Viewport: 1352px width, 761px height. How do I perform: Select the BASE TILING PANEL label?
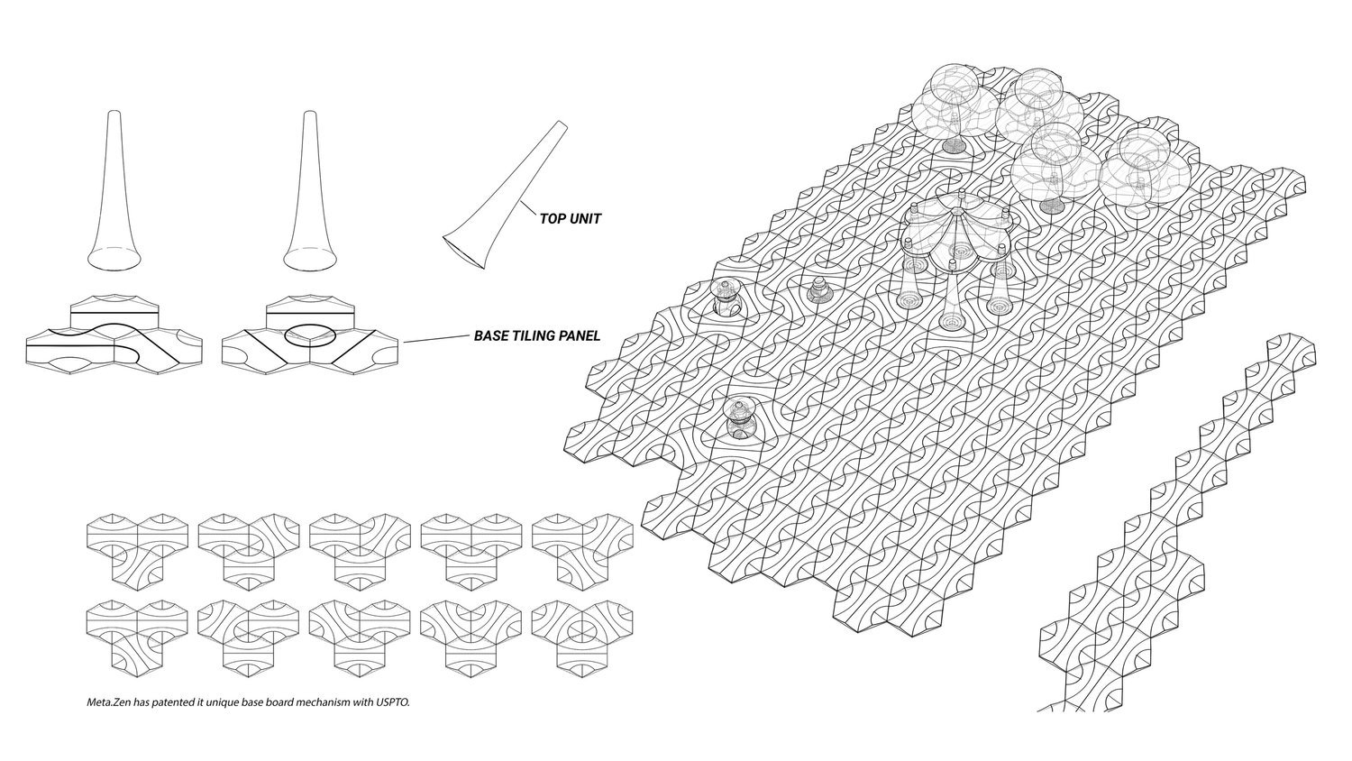[537, 336]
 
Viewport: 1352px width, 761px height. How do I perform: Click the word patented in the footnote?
[170, 701]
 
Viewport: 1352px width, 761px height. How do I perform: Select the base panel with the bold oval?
[309, 335]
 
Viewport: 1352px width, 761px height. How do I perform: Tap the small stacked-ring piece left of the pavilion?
[818, 290]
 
